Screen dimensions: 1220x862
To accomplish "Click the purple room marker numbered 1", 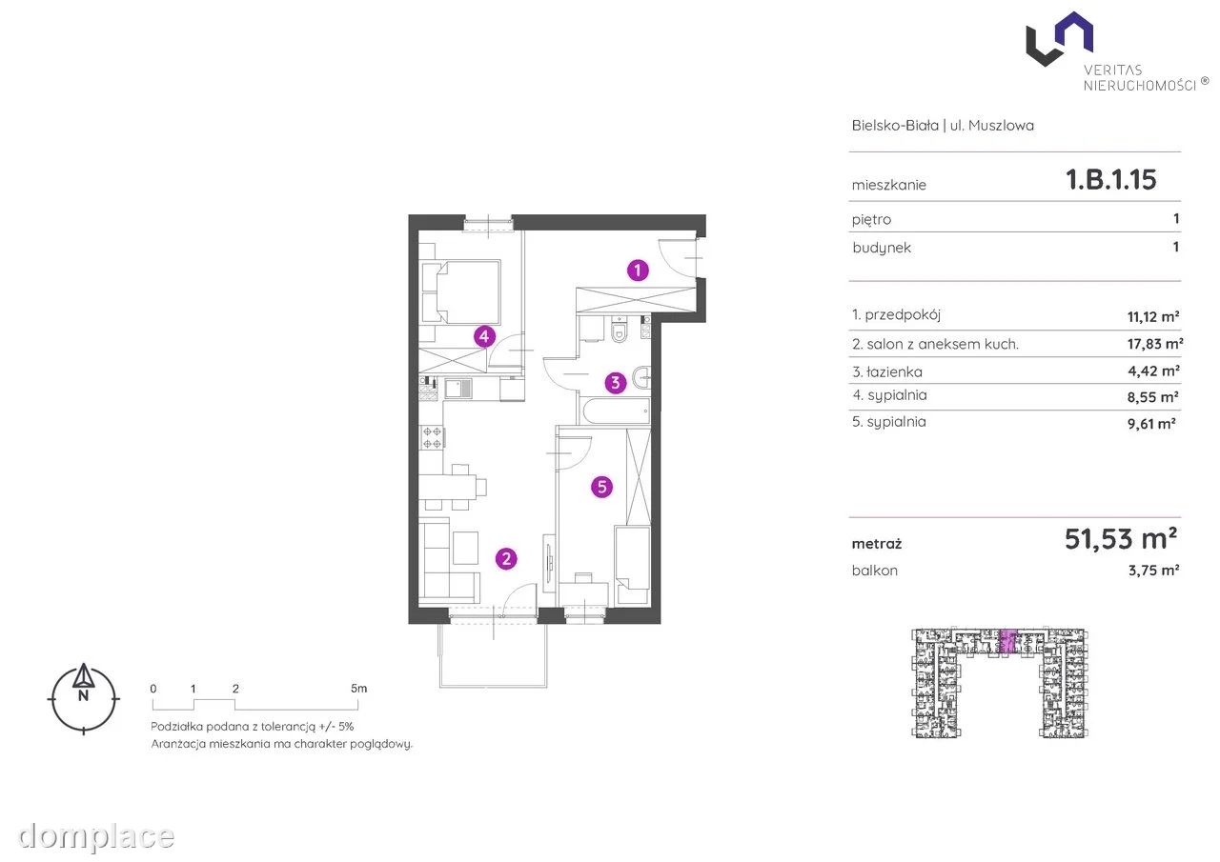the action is [x=638, y=271].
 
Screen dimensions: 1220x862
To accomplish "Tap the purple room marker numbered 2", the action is [x=506, y=558].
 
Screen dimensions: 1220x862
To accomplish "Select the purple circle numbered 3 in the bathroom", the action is [x=616, y=383].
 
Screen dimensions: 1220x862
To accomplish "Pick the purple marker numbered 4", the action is [x=484, y=336].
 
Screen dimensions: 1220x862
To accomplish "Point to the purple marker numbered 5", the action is [x=601, y=487].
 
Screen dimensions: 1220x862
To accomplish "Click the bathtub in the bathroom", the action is [x=616, y=411].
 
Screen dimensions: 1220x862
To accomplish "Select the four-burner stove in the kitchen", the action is [x=433, y=437].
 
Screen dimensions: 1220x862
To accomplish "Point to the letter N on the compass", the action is [x=83, y=695].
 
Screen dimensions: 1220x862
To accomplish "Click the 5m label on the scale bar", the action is [x=359, y=689].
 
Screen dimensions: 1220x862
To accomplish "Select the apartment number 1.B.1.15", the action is [x=1110, y=180].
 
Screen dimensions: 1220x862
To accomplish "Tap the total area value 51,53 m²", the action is [x=1121, y=539].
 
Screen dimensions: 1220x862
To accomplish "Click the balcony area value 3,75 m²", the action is [x=1153, y=571].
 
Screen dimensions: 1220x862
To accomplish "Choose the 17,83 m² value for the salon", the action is [x=1154, y=344].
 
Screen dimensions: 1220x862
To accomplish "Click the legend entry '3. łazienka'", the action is [x=887, y=371].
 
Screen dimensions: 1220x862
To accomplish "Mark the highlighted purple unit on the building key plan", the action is [x=1008, y=641].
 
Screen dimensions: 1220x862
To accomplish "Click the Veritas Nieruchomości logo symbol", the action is [x=1059, y=39].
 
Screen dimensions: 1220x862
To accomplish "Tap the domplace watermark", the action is [x=96, y=836].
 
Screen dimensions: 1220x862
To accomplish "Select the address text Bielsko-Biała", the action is [x=895, y=125].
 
